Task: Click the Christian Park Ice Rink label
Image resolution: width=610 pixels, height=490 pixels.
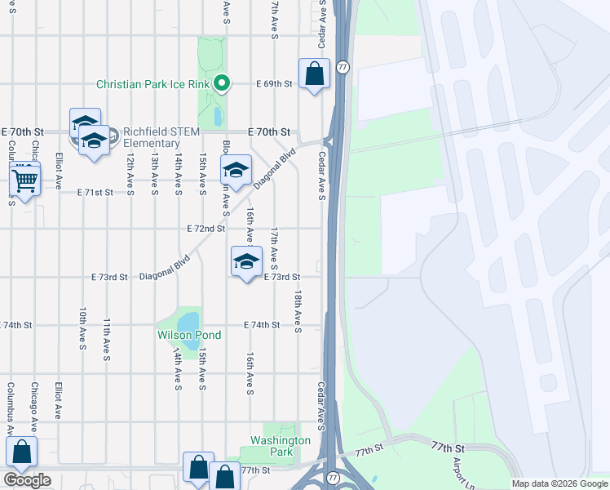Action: click(152, 84)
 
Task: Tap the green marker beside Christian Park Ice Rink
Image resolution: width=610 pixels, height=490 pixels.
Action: click(221, 83)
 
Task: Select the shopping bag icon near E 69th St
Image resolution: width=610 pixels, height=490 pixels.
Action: click(314, 74)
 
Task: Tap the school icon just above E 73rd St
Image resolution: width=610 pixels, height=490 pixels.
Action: click(246, 262)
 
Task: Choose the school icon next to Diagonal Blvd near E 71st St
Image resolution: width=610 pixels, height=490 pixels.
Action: click(236, 171)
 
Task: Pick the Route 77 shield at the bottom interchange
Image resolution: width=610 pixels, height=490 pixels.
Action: click(332, 476)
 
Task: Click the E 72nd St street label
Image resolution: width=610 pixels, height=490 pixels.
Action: click(206, 229)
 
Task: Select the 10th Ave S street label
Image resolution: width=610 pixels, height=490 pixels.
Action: click(82, 329)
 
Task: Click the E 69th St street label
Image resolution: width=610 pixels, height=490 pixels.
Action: click(274, 84)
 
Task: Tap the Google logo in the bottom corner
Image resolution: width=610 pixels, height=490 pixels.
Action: click(27, 480)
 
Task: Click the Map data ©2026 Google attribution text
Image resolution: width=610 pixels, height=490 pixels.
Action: click(559, 483)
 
